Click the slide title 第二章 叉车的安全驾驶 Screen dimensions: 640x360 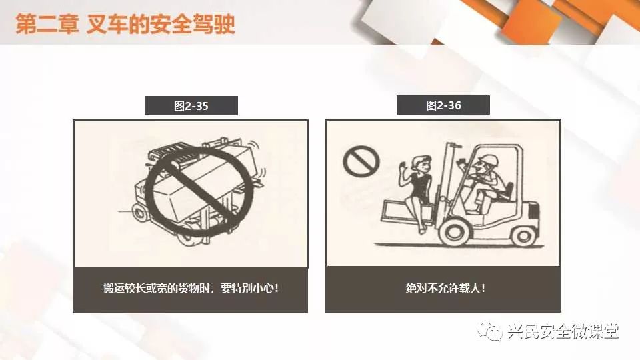point(125,25)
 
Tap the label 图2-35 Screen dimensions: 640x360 point(191,106)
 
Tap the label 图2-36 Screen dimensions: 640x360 point(443,105)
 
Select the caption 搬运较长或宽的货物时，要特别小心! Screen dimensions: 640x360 point(191,288)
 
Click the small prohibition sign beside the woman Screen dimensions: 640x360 point(361,161)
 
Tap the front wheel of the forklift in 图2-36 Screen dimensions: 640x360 point(454,231)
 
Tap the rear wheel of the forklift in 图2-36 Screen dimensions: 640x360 point(524,235)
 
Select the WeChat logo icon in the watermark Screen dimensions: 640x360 point(489,331)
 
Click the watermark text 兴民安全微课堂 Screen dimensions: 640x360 point(563,331)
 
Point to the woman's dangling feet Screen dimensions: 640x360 point(423,229)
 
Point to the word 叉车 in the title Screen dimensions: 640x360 point(107,25)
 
